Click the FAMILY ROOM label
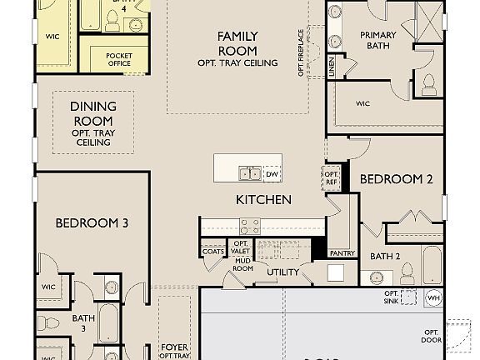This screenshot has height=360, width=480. pos(237,42)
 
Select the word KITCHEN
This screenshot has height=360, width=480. pos(263,200)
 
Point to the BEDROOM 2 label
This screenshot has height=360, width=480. pos(397,179)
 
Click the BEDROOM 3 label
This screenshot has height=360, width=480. pos(92,222)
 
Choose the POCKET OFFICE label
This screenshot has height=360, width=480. pos(119,59)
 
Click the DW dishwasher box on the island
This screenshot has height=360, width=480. pos(272,174)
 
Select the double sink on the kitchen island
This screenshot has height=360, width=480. pos(250,173)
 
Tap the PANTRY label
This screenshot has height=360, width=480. pos(342,252)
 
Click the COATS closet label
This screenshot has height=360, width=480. pos(212,251)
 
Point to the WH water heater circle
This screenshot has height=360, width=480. pos(432,297)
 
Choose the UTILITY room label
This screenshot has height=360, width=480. pos(282,272)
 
